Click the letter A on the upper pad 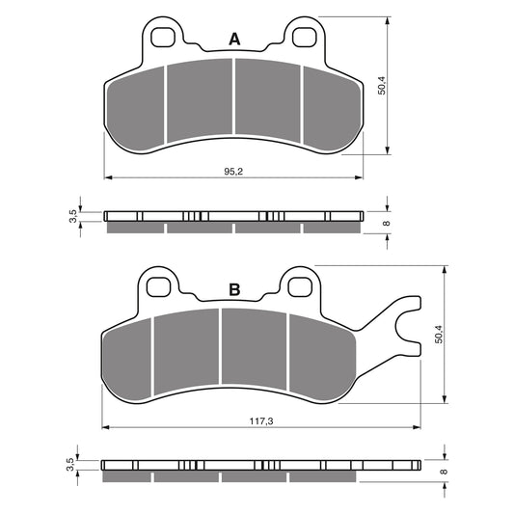[x=234, y=40]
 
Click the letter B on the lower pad [x=234, y=289]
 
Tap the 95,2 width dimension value [x=233, y=171]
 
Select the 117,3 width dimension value [x=261, y=421]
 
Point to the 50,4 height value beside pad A [x=382, y=86]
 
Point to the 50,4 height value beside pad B [x=439, y=335]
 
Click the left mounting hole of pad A [x=163, y=38]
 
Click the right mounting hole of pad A [x=305, y=38]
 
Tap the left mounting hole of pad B [x=159, y=287]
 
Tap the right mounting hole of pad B [x=300, y=287]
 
